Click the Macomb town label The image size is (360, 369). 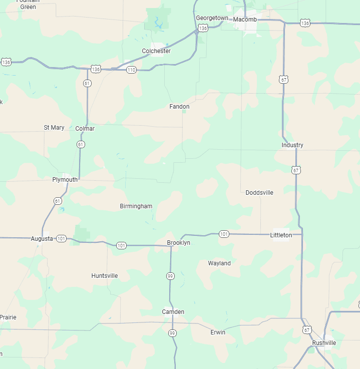[245, 19]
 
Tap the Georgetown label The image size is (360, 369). [212, 18]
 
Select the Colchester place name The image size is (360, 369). [156, 51]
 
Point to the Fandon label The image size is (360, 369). [179, 107]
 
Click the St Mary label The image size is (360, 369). [54, 128]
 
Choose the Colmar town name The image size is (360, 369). [85, 129]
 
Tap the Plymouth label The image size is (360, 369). [65, 180]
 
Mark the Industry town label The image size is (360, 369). [292, 145]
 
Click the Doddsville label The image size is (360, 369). [259, 193]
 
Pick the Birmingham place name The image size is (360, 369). [136, 206]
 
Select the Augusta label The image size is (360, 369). [42, 239]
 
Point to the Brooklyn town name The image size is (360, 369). [179, 243]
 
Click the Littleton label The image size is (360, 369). [281, 235]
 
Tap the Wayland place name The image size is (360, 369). [219, 263]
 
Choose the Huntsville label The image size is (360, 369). [105, 276]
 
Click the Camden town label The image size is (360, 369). [173, 312]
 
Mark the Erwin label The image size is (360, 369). [218, 332]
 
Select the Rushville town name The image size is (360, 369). [324, 343]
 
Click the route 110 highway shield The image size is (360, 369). [131, 70]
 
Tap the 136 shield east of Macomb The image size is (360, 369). [305, 23]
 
